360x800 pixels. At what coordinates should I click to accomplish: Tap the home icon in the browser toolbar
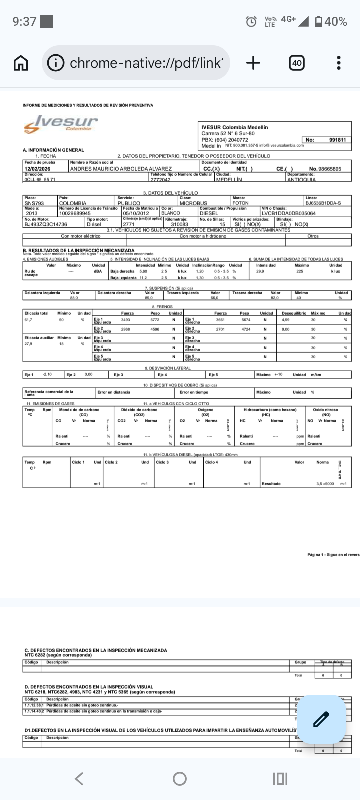(21, 63)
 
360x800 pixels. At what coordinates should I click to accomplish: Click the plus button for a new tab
(253, 63)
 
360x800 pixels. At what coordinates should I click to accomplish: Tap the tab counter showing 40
(297, 63)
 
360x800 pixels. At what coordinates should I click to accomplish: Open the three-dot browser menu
(339, 63)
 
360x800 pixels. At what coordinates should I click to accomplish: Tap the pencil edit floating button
(321, 719)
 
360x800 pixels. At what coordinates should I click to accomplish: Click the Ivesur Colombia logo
(60, 124)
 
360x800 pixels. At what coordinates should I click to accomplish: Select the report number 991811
(337, 140)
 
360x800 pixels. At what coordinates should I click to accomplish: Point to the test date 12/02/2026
(38, 169)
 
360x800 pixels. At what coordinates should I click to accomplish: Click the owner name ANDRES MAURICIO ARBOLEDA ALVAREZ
(121, 169)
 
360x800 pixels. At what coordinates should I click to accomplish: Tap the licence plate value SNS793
(34, 203)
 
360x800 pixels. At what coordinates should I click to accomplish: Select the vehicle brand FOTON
(240, 203)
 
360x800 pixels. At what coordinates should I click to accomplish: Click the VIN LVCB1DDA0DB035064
(288, 213)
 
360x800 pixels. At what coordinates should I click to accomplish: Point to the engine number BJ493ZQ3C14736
(45, 225)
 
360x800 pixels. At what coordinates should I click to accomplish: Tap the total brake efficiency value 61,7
(28, 320)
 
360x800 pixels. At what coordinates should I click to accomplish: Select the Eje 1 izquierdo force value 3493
(126, 320)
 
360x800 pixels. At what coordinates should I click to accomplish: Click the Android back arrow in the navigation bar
(79, 778)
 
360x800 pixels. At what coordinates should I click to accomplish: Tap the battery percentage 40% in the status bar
(336, 21)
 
